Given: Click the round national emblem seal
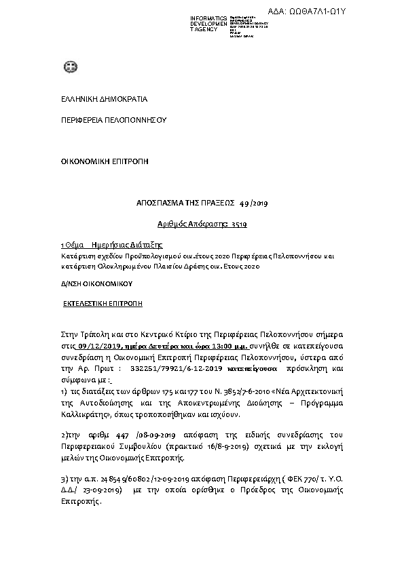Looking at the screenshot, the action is coord(68,66).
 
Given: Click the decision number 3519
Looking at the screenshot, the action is coord(238,223).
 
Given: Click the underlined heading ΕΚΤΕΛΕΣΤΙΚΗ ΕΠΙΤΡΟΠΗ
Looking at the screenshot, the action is coord(103,304).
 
